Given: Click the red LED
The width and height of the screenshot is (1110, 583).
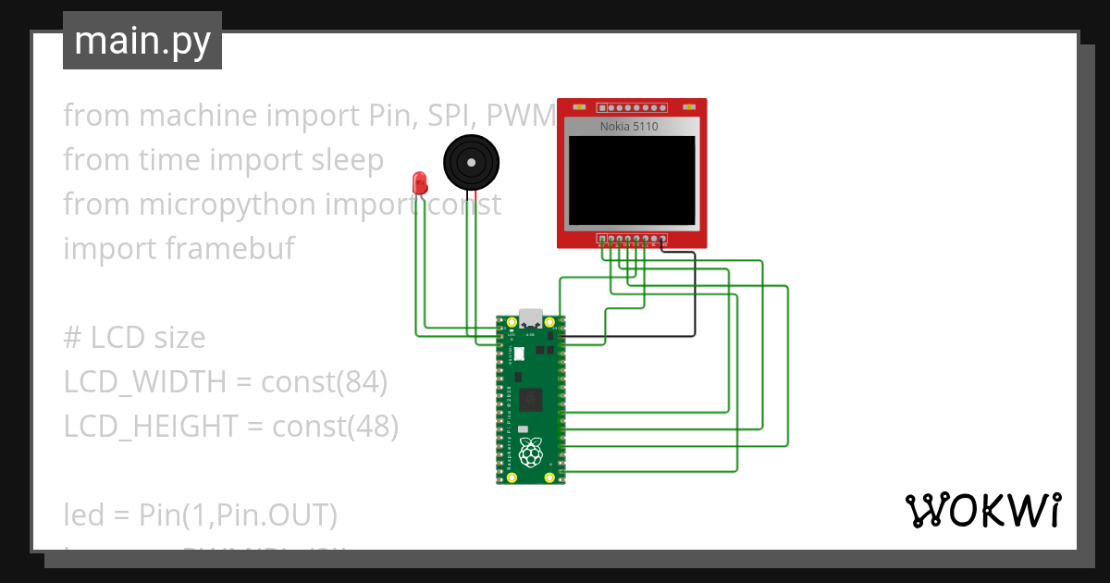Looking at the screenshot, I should [x=420, y=181].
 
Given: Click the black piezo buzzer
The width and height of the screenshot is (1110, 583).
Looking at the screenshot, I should [x=473, y=162].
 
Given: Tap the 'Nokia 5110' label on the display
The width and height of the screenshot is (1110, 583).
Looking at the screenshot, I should [x=629, y=126].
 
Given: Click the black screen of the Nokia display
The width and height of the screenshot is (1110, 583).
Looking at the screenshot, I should [x=632, y=181].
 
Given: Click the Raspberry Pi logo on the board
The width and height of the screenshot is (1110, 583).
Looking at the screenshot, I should [x=530, y=453].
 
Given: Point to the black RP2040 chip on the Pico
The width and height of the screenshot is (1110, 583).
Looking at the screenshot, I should [x=532, y=399].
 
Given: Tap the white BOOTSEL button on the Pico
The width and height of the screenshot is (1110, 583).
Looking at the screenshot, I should [x=519, y=354].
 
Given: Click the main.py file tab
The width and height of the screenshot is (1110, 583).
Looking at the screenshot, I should [x=142, y=41].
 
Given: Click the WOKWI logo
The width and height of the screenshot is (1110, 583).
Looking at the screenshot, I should [x=982, y=510].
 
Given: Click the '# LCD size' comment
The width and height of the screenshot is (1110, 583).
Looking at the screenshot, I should [x=134, y=338].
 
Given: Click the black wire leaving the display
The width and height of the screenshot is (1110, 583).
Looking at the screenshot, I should [x=695, y=296].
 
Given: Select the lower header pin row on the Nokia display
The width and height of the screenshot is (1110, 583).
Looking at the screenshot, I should [x=633, y=239].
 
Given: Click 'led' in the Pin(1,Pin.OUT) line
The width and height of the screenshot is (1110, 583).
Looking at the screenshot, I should [x=81, y=513].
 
